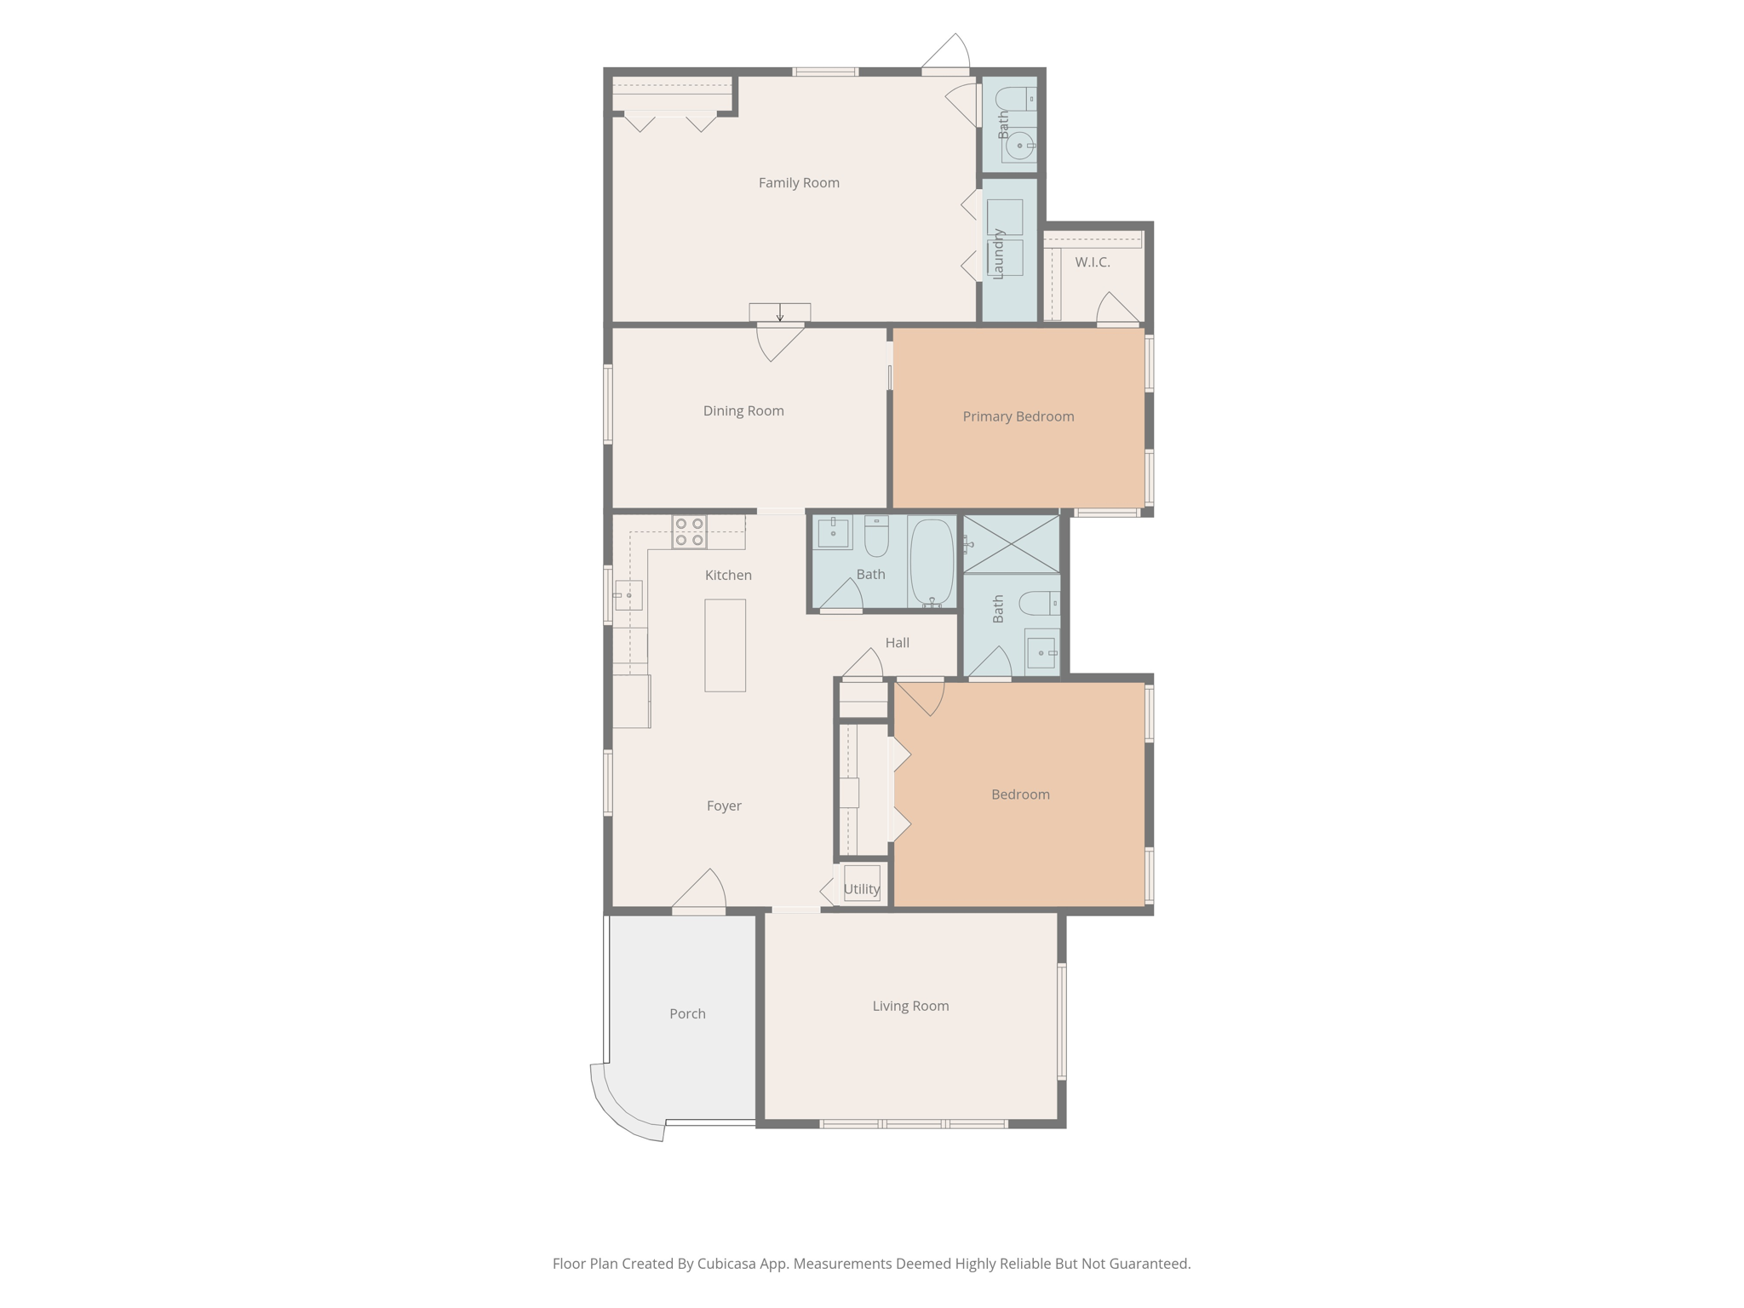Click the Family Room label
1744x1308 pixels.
(799, 183)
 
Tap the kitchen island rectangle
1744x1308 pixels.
(725, 645)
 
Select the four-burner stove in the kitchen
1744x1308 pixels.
(689, 531)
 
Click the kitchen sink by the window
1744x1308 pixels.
(628, 595)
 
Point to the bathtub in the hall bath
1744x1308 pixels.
(932, 561)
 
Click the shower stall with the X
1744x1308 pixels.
(1012, 544)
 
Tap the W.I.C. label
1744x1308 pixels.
(1092, 262)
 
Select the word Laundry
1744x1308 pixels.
(999, 254)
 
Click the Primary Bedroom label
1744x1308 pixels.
(1018, 416)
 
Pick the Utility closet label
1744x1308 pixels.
(861, 889)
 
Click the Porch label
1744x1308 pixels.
(687, 1013)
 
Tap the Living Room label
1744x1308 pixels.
(910, 1006)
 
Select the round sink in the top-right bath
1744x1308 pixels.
(1018, 146)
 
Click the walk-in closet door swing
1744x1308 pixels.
(1116, 309)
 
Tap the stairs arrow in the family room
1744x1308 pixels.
(779, 313)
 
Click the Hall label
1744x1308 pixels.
(897, 643)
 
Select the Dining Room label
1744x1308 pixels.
(743, 411)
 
